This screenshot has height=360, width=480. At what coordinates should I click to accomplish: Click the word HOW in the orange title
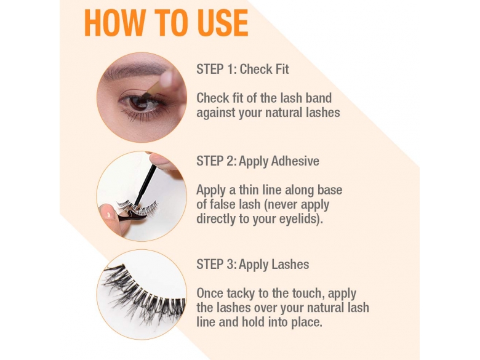tap(114, 23)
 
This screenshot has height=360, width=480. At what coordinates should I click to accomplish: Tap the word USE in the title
tap(223, 23)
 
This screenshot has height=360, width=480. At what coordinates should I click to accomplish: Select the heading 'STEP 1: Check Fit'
tap(242, 69)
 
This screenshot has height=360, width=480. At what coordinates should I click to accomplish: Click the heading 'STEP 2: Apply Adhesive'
tap(258, 161)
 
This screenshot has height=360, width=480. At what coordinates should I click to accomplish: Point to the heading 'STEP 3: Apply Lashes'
tap(253, 264)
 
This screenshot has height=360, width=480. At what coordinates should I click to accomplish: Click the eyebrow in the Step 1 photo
tap(135, 69)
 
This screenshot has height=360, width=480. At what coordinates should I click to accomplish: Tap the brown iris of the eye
tap(138, 103)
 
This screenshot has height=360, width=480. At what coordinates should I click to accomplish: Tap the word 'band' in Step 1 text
tap(318, 98)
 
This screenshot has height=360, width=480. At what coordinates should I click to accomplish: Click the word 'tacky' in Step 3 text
tap(241, 294)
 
